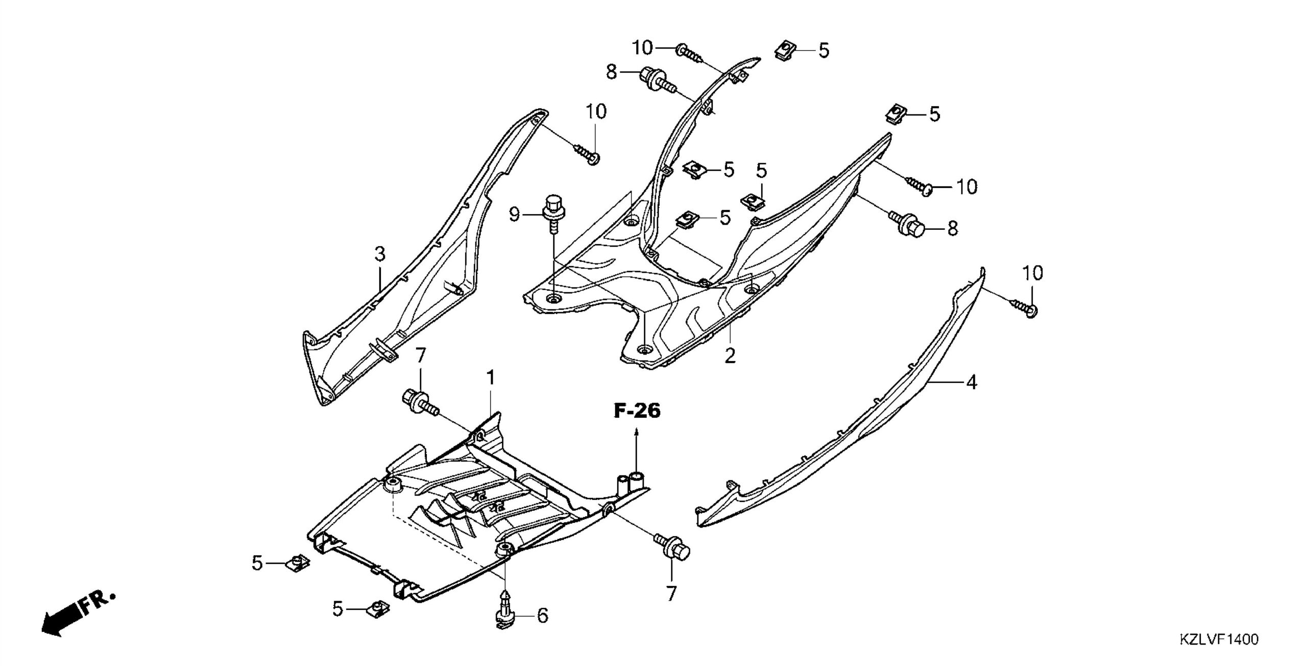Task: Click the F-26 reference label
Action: pos(637,411)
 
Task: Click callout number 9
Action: pos(514,215)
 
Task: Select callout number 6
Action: pos(542,615)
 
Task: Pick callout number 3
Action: pos(379,254)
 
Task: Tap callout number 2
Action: pos(730,355)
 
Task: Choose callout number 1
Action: pos(491,378)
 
